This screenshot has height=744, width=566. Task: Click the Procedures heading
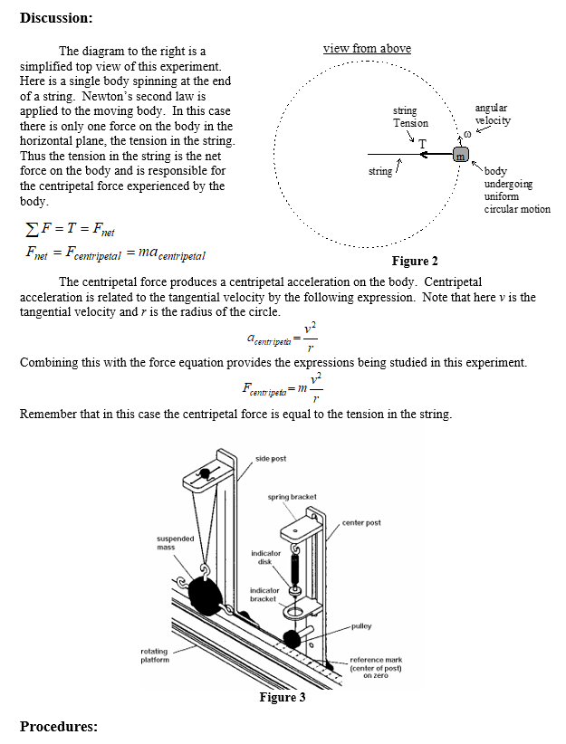tap(58, 726)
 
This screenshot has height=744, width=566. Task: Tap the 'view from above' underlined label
tap(367, 48)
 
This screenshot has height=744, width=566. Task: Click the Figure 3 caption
tap(283, 697)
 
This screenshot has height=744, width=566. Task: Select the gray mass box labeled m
tap(461, 156)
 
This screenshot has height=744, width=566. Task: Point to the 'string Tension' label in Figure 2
tap(410, 117)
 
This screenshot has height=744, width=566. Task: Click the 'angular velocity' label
tap(493, 115)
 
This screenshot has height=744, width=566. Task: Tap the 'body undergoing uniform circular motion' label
tap(516, 190)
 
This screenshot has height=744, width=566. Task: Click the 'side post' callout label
tap(271, 459)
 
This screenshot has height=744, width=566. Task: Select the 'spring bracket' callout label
tap(292, 497)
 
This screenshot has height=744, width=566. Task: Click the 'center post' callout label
tap(361, 522)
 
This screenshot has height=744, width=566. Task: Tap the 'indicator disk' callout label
tap(265, 557)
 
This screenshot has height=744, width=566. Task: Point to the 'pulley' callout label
tap(361, 625)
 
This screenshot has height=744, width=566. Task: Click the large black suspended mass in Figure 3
tap(207, 596)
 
